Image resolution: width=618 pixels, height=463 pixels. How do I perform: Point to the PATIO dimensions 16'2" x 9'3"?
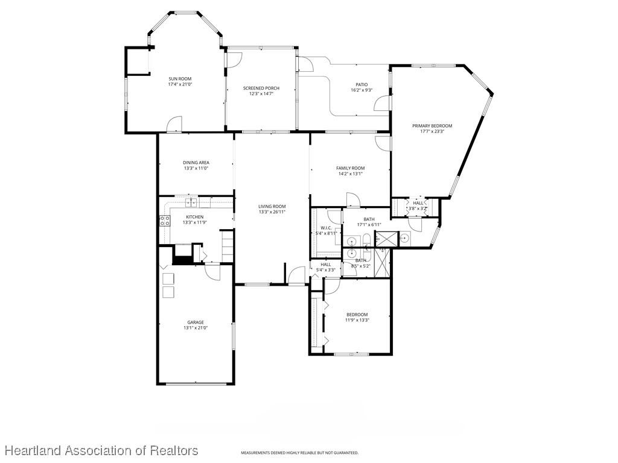[362, 90]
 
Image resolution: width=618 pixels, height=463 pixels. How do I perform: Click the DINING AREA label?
[196, 162]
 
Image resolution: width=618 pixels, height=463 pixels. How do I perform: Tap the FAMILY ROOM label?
[351, 168]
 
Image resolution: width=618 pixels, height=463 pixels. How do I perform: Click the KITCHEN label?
[194, 217]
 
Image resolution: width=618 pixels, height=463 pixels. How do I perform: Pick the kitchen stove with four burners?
[164, 221]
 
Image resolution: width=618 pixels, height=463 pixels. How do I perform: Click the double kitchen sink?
[191, 203]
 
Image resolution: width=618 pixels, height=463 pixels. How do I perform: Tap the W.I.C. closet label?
[325, 227]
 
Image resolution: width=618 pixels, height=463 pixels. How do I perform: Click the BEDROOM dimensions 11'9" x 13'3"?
[357, 320]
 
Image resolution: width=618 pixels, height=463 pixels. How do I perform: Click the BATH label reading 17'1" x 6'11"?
[369, 219]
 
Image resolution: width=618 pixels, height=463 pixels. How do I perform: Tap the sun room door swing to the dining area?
[174, 124]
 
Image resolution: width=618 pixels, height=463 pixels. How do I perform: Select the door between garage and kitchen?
[212, 272]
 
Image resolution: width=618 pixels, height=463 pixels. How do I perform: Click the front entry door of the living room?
[296, 276]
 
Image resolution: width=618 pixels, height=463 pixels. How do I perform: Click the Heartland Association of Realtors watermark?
[101, 450]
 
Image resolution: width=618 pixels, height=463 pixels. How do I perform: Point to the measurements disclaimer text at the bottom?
[300, 453]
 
